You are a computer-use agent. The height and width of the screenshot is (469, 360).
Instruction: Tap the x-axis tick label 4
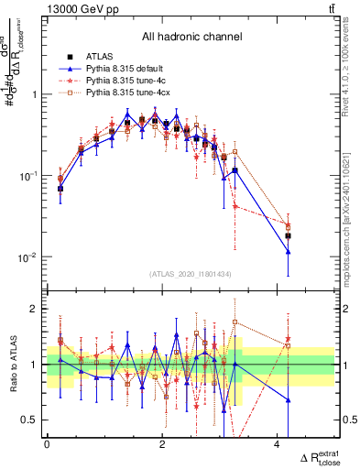click(x=277, y=443)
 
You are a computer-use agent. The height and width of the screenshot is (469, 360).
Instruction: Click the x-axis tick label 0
click(x=47, y=443)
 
